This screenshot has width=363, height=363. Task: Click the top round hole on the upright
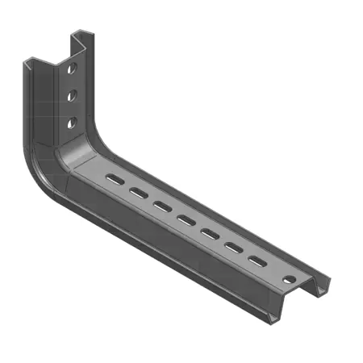click(72, 68)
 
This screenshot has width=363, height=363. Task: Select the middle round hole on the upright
click(72, 95)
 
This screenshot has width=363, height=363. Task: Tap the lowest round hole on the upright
click(72, 123)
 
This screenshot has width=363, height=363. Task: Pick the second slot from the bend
click(138, 192)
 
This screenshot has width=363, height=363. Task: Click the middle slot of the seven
click(186, 219)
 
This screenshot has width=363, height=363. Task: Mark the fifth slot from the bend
click(210, 234)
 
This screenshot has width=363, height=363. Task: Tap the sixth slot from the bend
click(234, 248)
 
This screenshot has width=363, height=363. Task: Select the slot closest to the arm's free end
click(257, 262)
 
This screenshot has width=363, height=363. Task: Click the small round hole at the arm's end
click(288, 280)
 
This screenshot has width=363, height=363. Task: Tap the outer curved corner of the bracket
click(40, 177)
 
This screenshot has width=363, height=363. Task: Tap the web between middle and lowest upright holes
click(72, 109)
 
